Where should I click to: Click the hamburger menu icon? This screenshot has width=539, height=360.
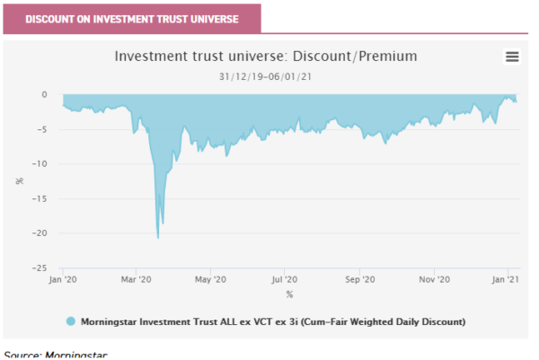coord(512,57)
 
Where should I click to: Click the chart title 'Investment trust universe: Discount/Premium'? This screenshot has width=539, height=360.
coord(266,57)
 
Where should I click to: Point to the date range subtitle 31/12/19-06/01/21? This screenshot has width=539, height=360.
coord(266,75)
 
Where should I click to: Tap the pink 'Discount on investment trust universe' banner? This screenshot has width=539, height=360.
coord(131,19)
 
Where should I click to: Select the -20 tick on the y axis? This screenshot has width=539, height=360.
coord(41,233)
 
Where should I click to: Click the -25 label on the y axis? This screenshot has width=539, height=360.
coord(41,268)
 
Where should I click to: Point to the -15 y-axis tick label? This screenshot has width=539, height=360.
coord(41,198)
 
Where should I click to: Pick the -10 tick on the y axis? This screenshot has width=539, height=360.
coord(41,163)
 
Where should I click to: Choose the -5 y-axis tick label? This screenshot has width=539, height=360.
coord(43,129)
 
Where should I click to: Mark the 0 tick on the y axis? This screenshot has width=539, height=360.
coord(45,94)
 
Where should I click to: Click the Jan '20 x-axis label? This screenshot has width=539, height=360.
coord(62,280)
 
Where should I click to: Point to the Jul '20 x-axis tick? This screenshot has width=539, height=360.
coord(284,280)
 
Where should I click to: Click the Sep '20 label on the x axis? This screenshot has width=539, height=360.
coord(359,280)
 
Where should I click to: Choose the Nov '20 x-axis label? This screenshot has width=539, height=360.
coord(434,280)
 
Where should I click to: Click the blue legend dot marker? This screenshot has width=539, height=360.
coord(70,320)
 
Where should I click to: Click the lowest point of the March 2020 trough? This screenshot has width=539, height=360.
coord(158,238)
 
